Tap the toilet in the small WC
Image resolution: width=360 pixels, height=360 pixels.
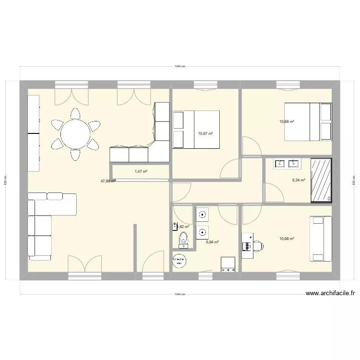(183, 238)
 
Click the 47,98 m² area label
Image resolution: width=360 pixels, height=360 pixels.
(108, 181)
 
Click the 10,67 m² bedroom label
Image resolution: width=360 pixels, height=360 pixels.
(205, 134)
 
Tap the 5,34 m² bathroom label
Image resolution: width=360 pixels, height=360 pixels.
(299, 180)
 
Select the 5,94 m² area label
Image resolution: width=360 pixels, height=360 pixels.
(212, 242)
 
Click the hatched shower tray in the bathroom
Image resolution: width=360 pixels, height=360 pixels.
(321, 180)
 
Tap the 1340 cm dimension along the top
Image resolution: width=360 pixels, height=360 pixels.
(180, 66)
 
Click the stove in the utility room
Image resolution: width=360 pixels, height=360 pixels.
(227, 264)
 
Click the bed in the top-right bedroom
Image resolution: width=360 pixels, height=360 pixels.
(308, 121)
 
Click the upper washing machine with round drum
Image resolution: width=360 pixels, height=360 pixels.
(203, 214)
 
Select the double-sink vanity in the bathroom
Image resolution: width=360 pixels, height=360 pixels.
(287, 164)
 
